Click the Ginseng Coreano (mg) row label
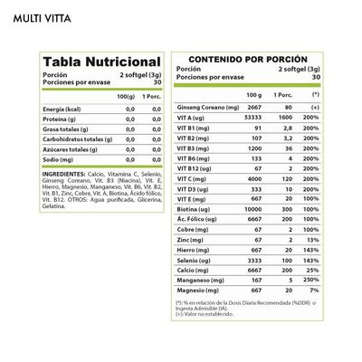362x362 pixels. pos(209,107)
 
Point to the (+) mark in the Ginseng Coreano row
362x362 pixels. pos(315,107)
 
